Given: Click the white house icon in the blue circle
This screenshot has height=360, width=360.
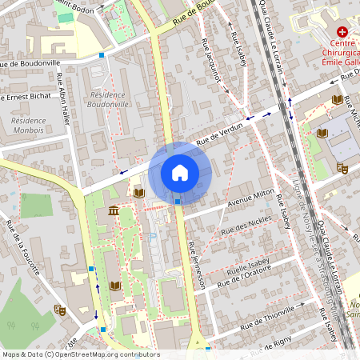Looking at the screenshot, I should pyautogui.click(x=179, y=172).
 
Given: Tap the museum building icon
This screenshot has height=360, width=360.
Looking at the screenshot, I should pyautogui.click(x=113, y=210).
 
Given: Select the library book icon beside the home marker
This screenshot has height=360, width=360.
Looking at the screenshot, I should pyautogui.click(x=139, y=193).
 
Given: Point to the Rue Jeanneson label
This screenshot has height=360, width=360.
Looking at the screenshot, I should pyautogui.click(x=197, y=264).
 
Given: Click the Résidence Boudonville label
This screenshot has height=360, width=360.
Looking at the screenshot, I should pyautogui.click(x=106, y=98).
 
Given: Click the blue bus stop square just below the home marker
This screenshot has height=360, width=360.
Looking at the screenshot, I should pyautogui.click(x=178, y=202).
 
